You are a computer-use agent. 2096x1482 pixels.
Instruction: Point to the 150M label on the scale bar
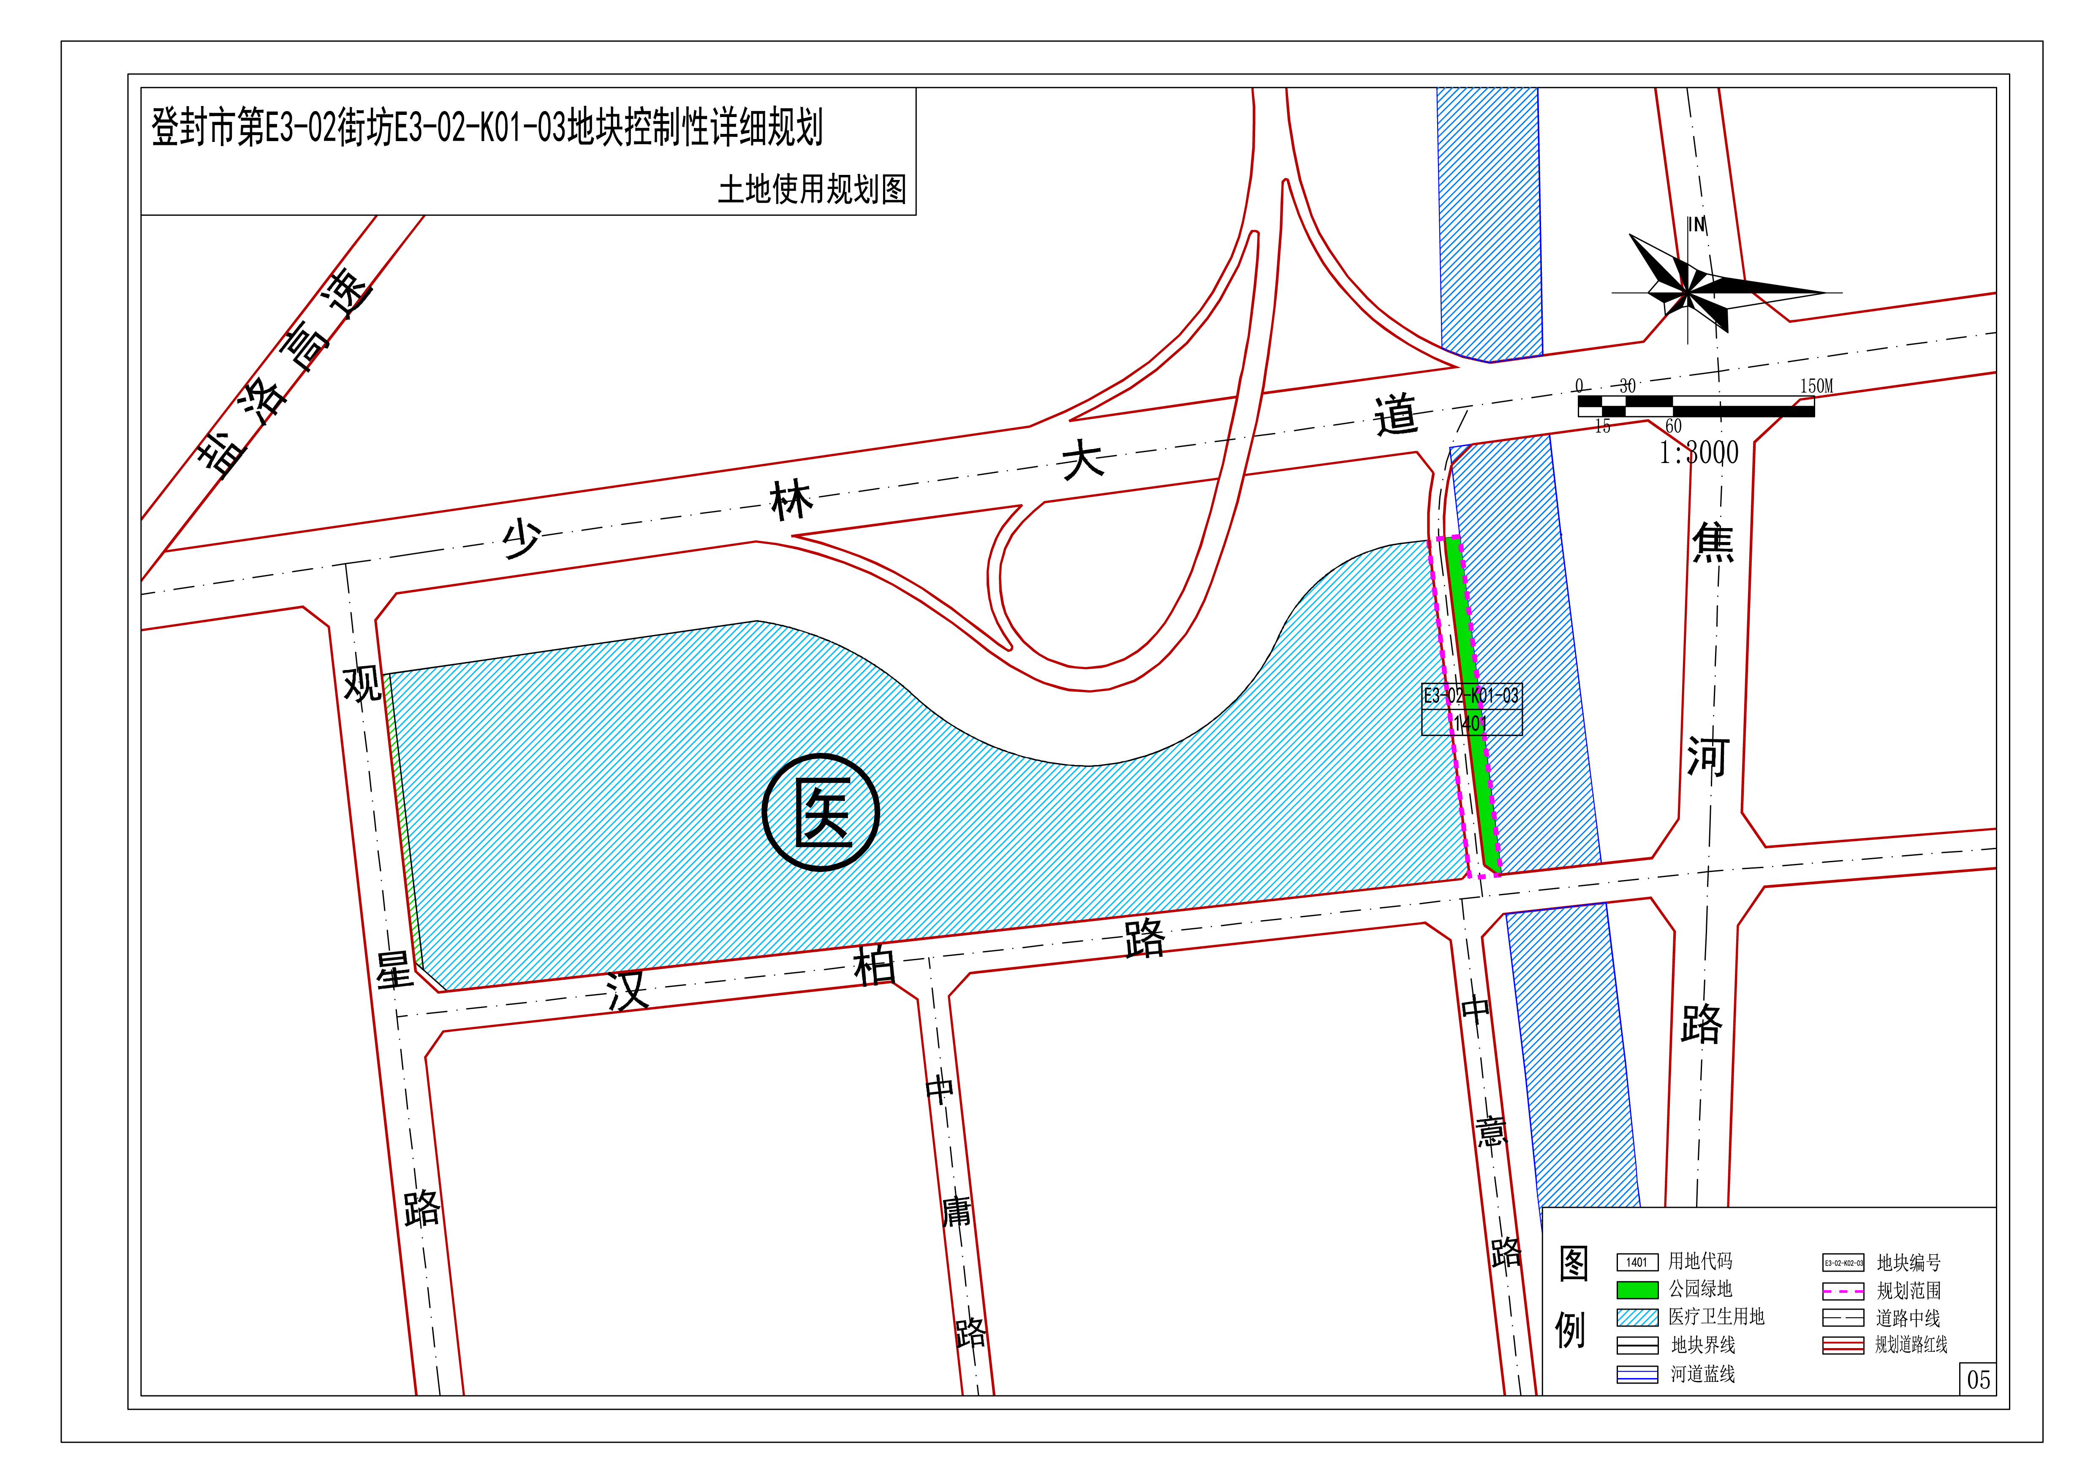tap(1816, 386)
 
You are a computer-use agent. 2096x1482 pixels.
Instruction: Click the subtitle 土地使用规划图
tap(812, 190)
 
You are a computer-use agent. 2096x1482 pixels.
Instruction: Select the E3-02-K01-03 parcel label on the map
tap(1471, 696)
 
